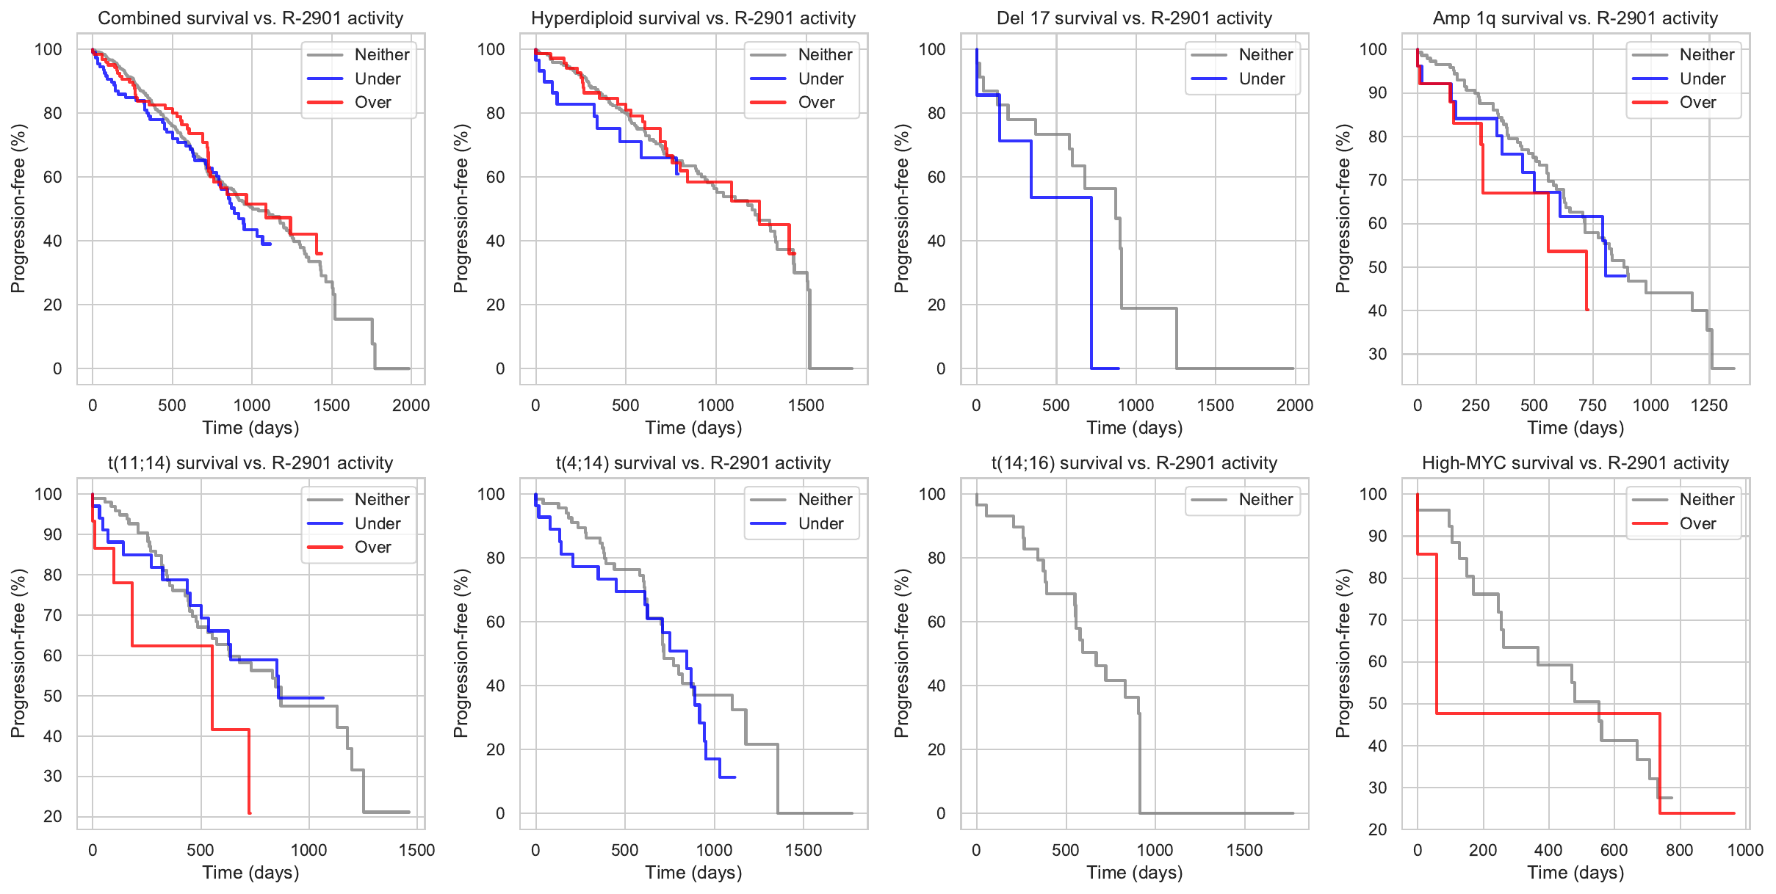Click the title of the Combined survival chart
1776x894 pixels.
click(x=250, y=18)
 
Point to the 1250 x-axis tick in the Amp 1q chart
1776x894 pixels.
click(x=1709, y=405)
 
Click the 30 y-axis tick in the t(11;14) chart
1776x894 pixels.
click(x=53, y=776)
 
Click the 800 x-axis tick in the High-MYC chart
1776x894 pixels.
click(x=1680, y=850)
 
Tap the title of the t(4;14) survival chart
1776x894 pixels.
click(x=693, y=463)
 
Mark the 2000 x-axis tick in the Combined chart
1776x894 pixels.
click(x=411, y=405)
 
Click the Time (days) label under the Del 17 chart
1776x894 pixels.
click(x=1135, y=428)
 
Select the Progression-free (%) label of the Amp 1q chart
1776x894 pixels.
click(x=1343, y=208)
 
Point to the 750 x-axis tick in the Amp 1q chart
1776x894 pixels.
click(x=1592, y=405)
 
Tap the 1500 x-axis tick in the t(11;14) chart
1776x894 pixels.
click(x=417, y=850)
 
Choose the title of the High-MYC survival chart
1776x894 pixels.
click(x=1575, y=463)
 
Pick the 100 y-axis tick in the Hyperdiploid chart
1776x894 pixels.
click(x=491, y=49)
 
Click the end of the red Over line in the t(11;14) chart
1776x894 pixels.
click(x=250, y=813)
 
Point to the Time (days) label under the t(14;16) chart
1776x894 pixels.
click(x=1135, y=873)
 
